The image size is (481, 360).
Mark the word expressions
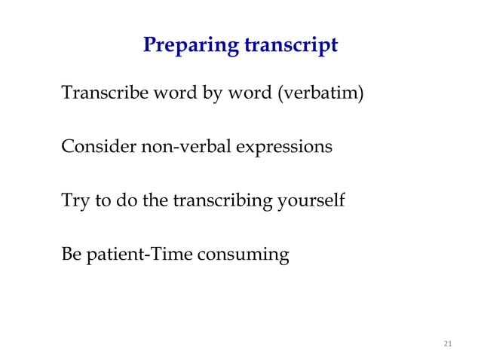pyautogui.click(x=285, y=147)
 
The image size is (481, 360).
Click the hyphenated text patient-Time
pyautogui.click(x=138, y=255)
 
